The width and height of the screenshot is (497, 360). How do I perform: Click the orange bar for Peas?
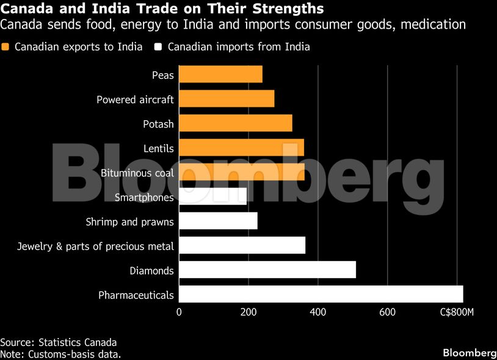click(x=220, y=74)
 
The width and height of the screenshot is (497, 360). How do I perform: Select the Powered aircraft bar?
click(x=227, y=99)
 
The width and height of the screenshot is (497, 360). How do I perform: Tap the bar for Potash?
click(x=236, y=123)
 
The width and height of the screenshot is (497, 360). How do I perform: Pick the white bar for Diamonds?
click(x=267, y=270)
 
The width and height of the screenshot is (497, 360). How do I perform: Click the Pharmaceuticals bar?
click(x=321, y=294)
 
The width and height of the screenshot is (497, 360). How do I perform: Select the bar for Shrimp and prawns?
click(x=218, y=221)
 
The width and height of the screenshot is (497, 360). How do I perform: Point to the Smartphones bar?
click(x=213, y=196)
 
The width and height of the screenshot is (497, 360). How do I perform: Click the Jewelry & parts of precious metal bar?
click(x=242, y=245)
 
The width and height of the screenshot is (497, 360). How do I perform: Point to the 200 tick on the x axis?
click(x=248, y=312)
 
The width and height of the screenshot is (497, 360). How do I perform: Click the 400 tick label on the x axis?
click(x=317, y=312)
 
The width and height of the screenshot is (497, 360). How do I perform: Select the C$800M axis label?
click(x=457, y=312)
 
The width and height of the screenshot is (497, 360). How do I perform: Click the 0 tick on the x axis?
click(x=179, y=312)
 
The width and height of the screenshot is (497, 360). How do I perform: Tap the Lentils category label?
click(x=159, y=148)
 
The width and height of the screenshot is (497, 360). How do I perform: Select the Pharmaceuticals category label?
click(x=136, y=295)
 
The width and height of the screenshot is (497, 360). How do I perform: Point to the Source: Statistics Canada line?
click(x=58, y=342)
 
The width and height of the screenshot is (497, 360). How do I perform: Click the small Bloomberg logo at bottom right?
click(x=469, y=353)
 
